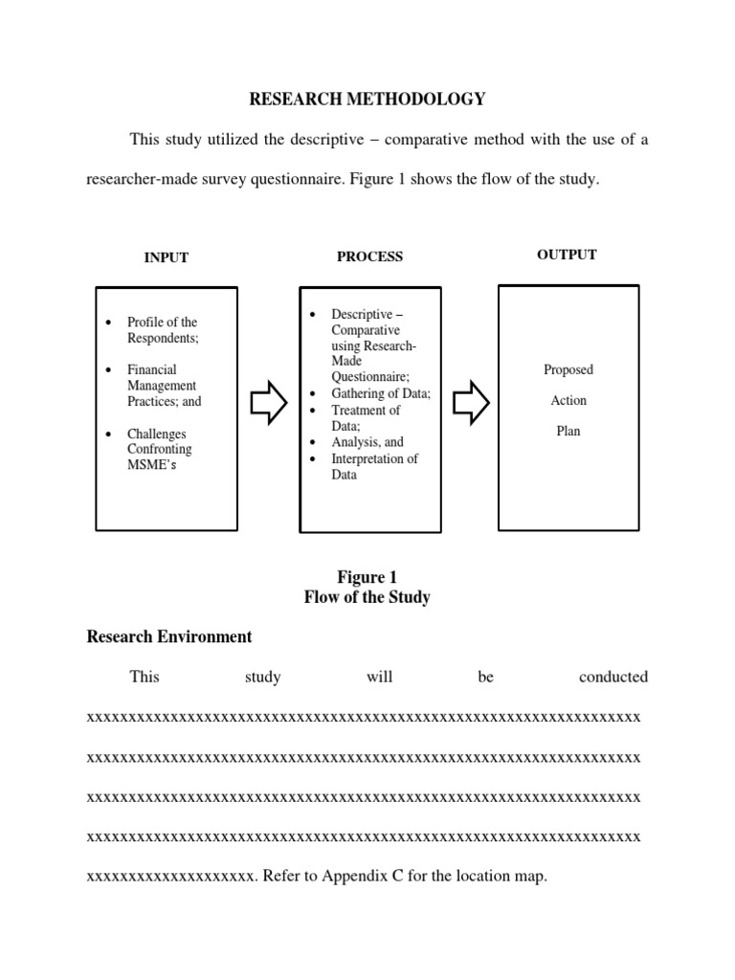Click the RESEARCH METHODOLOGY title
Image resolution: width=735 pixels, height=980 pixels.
pos(367,99)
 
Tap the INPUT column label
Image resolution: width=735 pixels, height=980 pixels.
pos(166,257)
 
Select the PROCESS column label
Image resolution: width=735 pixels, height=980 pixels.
pos(369,256)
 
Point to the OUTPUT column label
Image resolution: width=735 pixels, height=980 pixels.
pos(567,255)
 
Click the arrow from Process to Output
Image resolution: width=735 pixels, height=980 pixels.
pos(471,404)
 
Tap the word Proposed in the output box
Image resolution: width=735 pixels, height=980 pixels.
pos(568,369)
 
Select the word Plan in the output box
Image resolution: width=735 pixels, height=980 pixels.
pos(568,431)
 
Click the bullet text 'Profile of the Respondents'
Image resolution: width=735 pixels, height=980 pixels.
pos(163,330)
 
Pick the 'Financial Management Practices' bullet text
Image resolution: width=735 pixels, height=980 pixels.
pos(164,386)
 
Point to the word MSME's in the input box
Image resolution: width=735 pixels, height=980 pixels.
pos(151,465)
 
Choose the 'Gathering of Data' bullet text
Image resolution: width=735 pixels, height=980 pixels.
pos(381,393)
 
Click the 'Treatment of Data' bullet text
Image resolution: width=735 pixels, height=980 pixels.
pos(366,417)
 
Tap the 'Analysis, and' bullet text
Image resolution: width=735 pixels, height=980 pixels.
pos(367,442)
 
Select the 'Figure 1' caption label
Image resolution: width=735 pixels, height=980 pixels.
pos(367,577)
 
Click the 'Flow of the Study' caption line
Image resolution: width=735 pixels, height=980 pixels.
pos(367,597)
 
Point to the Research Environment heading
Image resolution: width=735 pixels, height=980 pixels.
pos(169,636)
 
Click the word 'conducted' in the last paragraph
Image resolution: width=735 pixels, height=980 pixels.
pos(612,677)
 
